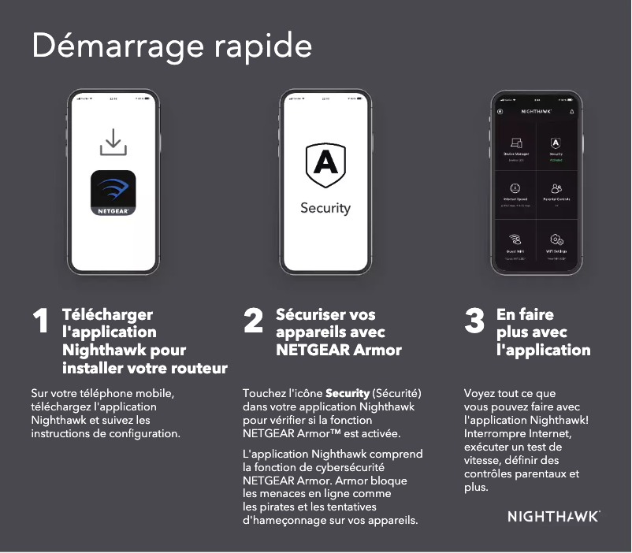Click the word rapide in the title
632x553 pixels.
point(263,47)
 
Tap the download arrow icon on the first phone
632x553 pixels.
point(113,143)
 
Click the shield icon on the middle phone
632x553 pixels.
point(325,164)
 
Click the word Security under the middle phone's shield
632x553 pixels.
point(325,208)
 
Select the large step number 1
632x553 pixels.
point(41,321)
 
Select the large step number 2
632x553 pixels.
point(253,321)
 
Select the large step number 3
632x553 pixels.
point(474,321)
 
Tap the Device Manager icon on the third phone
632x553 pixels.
point(516,143)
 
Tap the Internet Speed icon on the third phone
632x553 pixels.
point(516,189)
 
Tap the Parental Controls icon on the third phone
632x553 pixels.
point(556,189)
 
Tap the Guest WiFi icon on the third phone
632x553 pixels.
point(516,239)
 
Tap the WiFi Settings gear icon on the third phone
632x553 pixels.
point(556,239)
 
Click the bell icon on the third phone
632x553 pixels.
point(572,112)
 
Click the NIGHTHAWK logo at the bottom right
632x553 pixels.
point(553,517)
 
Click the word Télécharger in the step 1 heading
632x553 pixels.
point(107,314)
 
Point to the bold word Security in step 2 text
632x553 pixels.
point(348,392)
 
